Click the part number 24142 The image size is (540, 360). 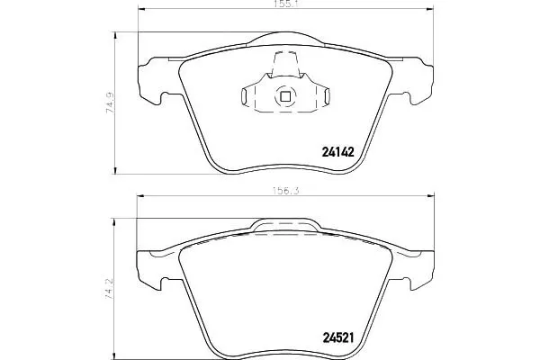(337, 151)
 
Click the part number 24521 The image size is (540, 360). (337, 338)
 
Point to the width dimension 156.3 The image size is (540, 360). (285, 191)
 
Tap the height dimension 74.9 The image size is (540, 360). (110, 103)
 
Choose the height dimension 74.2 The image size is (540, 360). (109, 289)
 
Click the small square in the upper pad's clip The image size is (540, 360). (285, 97)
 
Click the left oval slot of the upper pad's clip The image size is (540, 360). (244, 96)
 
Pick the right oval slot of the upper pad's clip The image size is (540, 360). (328, 96)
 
